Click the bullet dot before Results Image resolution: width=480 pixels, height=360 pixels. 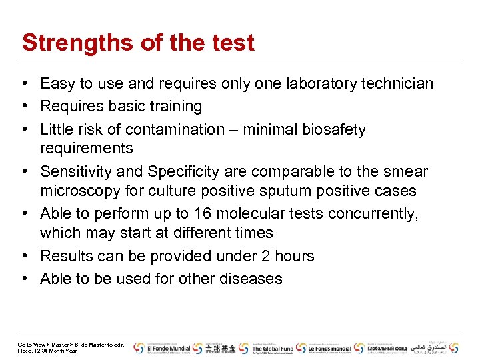(x=24, y=257)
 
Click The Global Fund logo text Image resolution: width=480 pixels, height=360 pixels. (x=271, y=348)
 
